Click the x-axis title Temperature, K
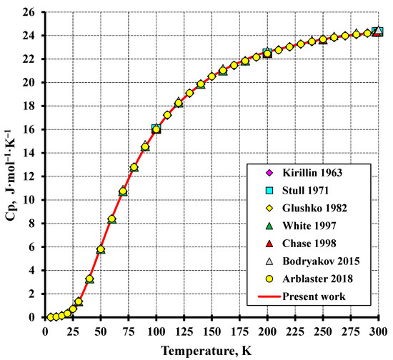(x=212, y=349)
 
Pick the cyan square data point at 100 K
(x=156, y=129)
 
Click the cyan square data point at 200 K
(x=267, y=53)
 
